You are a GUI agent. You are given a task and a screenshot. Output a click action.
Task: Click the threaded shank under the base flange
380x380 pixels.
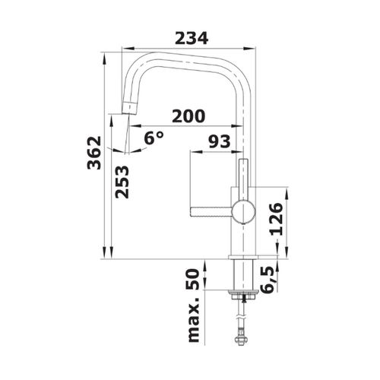242,277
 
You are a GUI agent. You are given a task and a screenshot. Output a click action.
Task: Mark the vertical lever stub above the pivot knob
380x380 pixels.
244,178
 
